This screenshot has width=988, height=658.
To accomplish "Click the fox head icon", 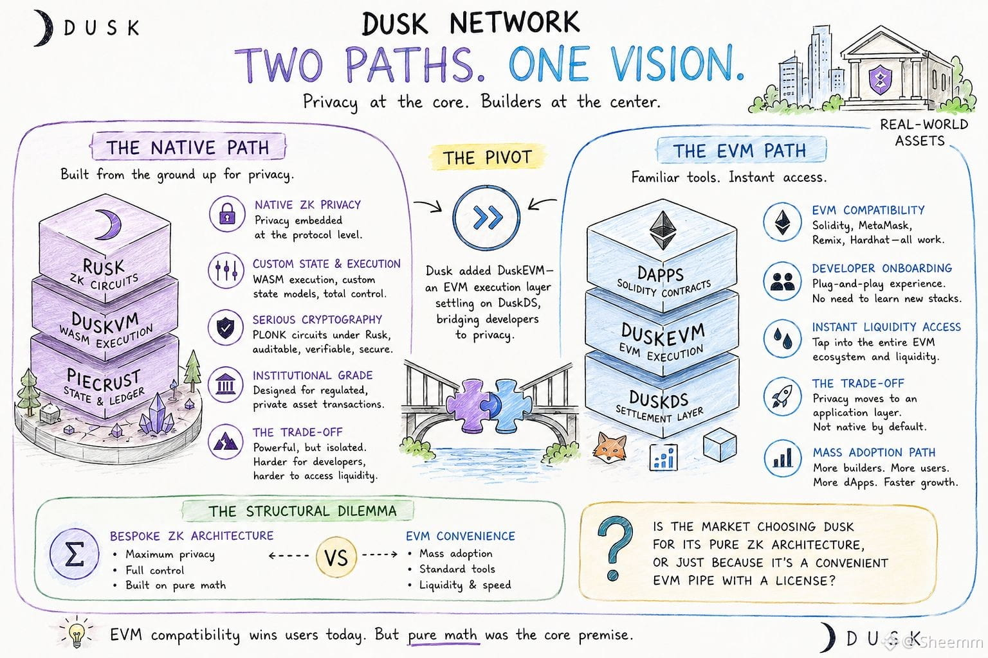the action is point(610,447).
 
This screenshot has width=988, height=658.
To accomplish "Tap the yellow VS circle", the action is point(336,557).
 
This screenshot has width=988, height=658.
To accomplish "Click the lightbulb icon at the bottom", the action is point(77,634).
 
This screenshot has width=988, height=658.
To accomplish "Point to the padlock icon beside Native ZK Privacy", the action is point(227,214).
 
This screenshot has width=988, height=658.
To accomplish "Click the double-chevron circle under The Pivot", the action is point(487,217).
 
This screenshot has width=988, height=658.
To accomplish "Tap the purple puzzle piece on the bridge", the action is point(469,405).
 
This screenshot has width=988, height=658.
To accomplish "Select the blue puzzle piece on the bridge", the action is point(511,405).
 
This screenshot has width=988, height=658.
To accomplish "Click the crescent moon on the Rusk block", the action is point(109,224).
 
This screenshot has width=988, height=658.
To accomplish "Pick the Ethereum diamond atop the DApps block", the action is point(662,230).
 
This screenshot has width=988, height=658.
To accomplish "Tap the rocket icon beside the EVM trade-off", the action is point(782,396).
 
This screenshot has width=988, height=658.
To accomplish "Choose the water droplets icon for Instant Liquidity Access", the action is point(782,338).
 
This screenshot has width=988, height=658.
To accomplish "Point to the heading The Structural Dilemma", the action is point(302,511).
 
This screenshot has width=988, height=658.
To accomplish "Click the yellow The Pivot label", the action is point(488,157).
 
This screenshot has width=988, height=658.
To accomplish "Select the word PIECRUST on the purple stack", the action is point(104,380).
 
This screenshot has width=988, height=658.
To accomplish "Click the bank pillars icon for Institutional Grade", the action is point(226,384).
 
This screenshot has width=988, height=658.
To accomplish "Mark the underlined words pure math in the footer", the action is point(443,635).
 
